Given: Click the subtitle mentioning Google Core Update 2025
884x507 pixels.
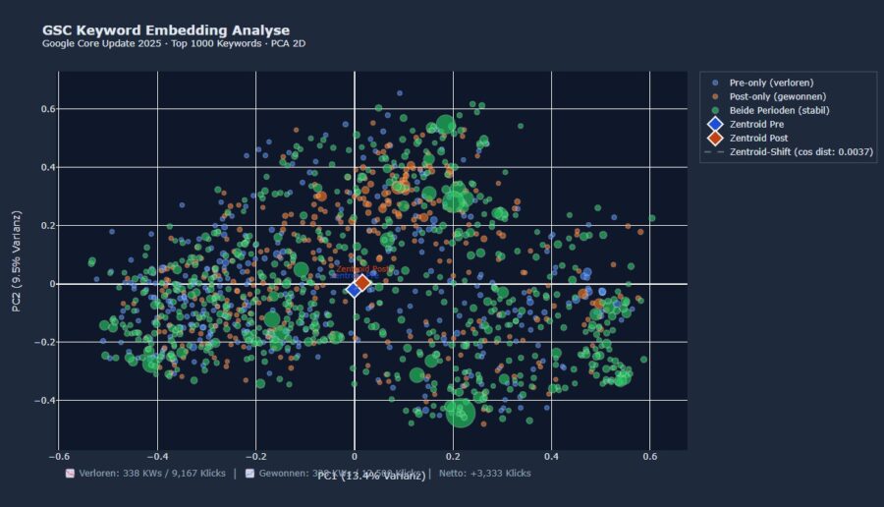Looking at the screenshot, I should click(174, 44).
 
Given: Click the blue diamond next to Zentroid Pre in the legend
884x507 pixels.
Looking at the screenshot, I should click(715, 125).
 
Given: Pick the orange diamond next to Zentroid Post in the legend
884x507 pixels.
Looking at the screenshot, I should click(715, 139).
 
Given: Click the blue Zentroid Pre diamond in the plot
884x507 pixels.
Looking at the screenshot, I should click(354, 289).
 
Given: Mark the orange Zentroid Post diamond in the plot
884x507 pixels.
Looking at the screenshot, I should click(362, 283).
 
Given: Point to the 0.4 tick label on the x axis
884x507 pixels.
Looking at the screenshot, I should click(551, 457).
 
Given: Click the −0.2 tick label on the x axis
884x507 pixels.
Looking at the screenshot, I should click(254, 457).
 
